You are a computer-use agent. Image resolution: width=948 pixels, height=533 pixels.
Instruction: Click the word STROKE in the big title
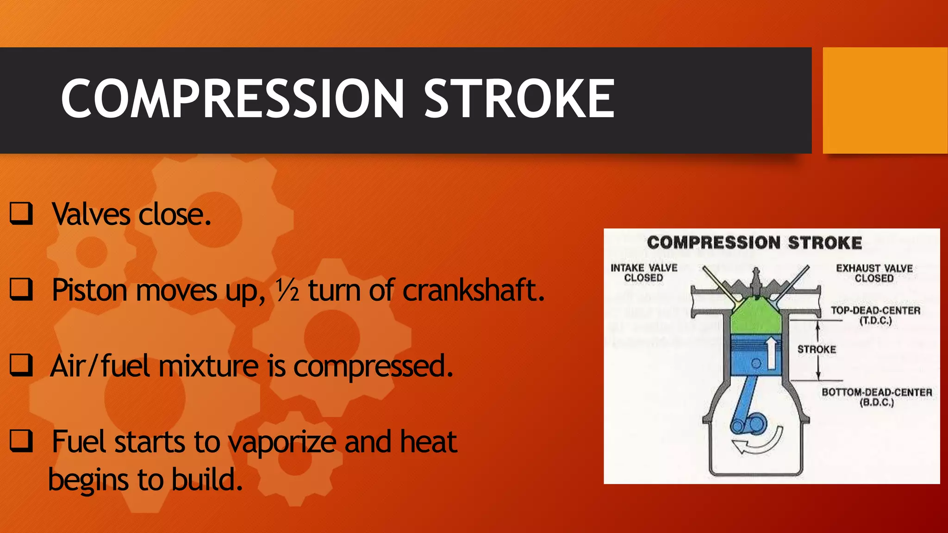pos(519,99)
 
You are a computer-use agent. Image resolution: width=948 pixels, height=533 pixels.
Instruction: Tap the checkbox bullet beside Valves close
pos(21,213)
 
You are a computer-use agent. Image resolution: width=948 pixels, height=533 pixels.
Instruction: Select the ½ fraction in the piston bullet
pos(287,290)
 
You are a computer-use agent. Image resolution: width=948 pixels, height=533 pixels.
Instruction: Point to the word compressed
pos(373,366)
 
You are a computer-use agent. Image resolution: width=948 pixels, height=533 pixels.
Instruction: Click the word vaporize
pos(284,442)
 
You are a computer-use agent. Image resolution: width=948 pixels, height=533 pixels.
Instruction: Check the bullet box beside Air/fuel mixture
pos(21,365)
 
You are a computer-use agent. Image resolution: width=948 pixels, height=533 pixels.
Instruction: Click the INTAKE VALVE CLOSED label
pos(643,273)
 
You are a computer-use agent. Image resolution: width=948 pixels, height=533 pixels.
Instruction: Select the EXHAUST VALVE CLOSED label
pos(874,273)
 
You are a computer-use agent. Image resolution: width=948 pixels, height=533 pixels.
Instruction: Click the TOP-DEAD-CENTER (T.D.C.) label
pos(875,316)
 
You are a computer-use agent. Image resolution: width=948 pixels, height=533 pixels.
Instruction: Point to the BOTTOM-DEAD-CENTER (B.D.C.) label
pos(876,397)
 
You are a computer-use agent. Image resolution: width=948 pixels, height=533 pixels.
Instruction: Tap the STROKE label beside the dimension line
pos(817,349)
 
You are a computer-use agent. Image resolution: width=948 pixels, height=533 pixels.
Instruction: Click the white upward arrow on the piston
pos(771,353)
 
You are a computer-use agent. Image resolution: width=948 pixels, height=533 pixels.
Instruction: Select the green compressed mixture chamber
pos(755,317)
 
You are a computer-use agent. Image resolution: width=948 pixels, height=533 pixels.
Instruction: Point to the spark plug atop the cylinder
pos(756,280)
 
